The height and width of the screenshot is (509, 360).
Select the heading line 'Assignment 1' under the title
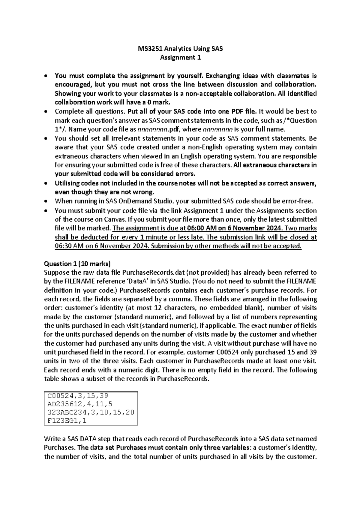click(x=180, y=58)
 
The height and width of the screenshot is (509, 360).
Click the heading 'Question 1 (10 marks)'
click(x=77, y=264)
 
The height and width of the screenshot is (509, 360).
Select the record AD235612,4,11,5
click(x=78, y=404)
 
